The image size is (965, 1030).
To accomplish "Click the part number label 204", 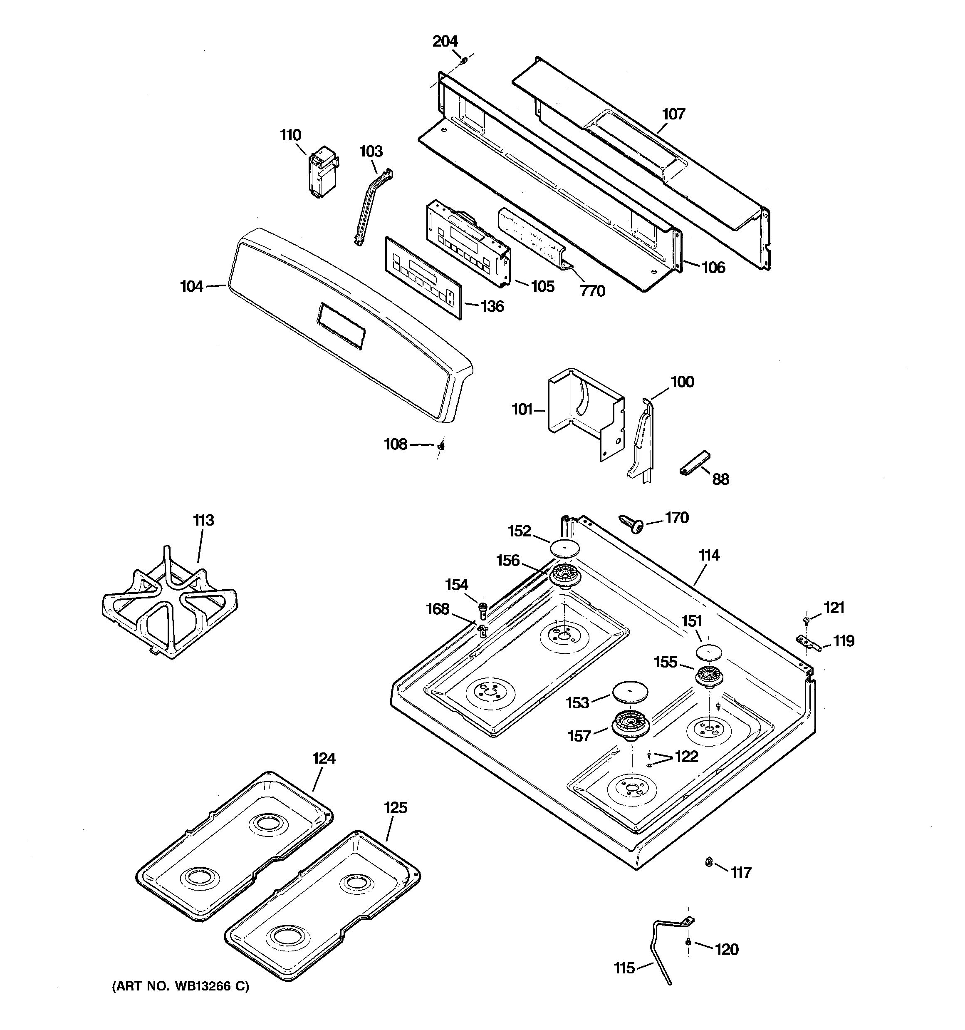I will point(445,42).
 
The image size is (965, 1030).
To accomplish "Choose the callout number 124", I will point(324,759).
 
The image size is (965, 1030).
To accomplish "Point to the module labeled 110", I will point(322,173).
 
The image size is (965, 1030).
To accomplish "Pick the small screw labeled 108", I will point(441,444).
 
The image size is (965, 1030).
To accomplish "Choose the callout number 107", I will point(673,114).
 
